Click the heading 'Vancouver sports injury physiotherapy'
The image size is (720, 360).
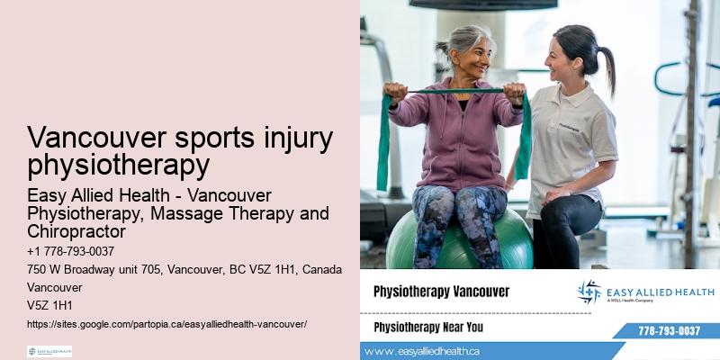coord(180,151)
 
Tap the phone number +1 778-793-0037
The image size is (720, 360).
coord(70,252)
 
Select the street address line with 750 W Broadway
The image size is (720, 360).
coord(184,270)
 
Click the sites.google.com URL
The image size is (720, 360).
coord(167,323)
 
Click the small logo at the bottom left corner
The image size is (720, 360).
coord(49,351)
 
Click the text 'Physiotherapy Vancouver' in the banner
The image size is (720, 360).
coord(441,292)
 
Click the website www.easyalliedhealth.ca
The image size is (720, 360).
coord(422,350)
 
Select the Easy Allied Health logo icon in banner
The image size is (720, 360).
coord(589,292)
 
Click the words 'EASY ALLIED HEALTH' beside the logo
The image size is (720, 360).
coord(661,292)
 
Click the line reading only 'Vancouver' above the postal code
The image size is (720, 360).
coord(54,288)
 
